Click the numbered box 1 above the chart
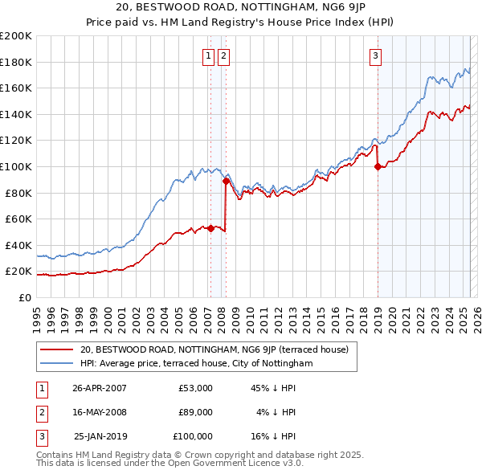(208, 55)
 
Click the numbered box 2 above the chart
(223, 55)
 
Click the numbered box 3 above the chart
(375, 55)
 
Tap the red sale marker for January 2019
(378, 167)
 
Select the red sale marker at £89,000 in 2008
(226, 181)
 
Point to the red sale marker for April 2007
(210, 228)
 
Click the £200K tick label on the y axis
(16, 36)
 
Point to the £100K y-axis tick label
(16, 166)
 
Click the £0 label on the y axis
(24, 297)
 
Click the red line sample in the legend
(56, 350)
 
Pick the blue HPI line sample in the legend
(56, 364)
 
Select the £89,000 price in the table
(196, 412)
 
